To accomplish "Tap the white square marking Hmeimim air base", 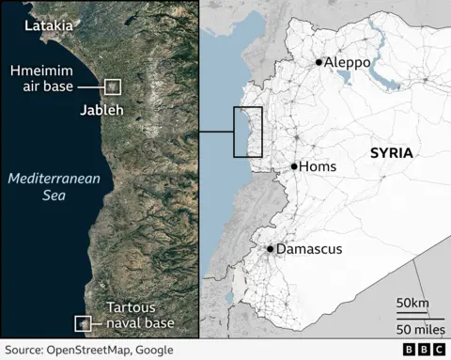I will pyautogui.click(x=114, y=86).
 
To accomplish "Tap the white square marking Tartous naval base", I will pyautogui.click(x=83, y=324).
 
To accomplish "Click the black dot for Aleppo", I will pyautogui.click(x=319, y=62).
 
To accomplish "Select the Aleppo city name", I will pyautogui.click(x=347, y=62).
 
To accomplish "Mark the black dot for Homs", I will pyautogui.click(x=294, y=166).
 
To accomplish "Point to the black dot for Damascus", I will pyautogui.click(x=270, y=249).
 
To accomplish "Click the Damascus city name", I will pyautogui.click(x=309, y=249).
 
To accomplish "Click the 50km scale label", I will pyautogui.click(x=412, y=302).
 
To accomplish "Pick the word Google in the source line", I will pyautogui.click(x=153, y=350).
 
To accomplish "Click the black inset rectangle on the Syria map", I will pyautogui.click(x=248, y=132).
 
